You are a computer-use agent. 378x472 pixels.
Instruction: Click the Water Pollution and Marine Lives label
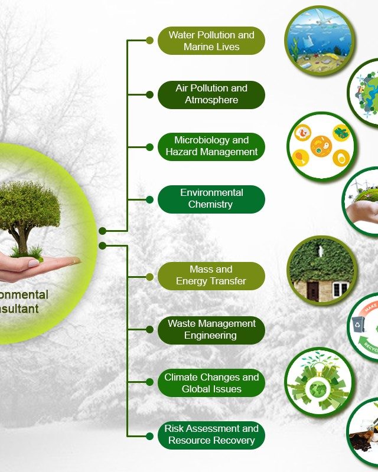[x=211, y=41]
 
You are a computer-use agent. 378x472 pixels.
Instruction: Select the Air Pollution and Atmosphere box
[x=211, y=94]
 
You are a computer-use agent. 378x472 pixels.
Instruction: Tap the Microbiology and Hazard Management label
[x=211, y=146]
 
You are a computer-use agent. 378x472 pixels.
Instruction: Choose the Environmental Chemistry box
[x=211, y=199]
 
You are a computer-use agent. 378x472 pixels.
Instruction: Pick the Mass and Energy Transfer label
[x=211, y=276]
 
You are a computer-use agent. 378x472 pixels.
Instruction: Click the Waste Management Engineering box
[x=211, y=330]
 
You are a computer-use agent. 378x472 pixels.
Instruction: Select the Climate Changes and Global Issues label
[x=211, y=383]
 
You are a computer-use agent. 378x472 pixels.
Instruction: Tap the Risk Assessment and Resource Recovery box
[x=211, y=435]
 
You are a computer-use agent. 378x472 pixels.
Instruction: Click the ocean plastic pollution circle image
[x=320, y=40]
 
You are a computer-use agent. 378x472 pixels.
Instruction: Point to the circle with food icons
[x=322, y=146]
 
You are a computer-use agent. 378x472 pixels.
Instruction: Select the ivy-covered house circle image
[x=322, y=271]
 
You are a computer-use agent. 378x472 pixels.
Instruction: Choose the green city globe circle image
[x=319, y=382]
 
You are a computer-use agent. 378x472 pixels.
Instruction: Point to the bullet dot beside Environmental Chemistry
[x=149, y=199]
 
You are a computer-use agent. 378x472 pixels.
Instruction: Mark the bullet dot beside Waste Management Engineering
[x=149, y=330]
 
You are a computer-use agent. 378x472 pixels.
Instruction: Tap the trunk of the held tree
[x=24, y=236]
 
